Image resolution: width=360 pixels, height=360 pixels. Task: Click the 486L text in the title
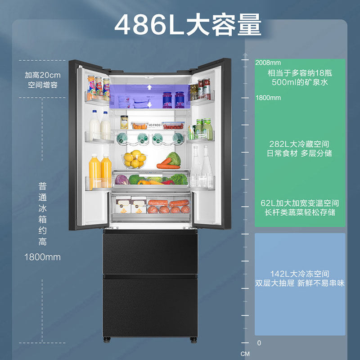tap(149, 25)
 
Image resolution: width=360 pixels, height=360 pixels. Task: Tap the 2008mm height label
tap(268, 63)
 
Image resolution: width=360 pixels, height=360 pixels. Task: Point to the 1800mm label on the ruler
tap(268, 98)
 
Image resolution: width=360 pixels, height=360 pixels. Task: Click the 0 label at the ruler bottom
tap(259, 343)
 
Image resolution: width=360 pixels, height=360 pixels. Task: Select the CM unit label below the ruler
tap(245, 354)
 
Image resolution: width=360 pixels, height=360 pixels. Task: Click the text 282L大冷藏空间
tap(299, 144)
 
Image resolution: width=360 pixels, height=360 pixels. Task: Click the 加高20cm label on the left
tap(42, 75)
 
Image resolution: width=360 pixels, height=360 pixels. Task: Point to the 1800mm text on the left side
tap(42, 257)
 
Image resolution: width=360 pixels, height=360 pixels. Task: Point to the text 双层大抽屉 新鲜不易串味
tap(300, 283)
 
